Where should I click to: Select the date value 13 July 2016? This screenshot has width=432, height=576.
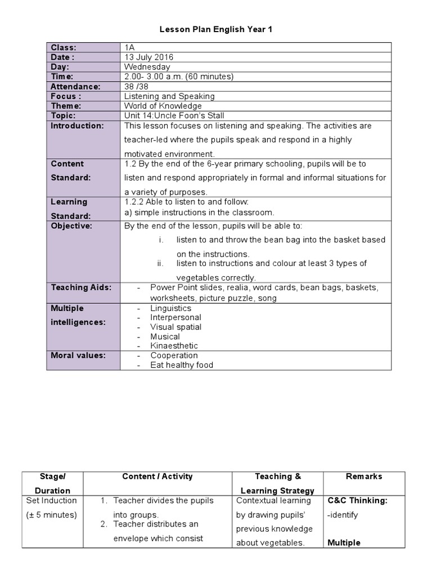[149, 57]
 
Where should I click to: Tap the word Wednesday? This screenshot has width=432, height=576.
[147, 67]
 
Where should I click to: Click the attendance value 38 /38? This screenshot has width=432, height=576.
[138, 87]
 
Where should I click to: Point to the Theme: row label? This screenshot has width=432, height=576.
[66, 106]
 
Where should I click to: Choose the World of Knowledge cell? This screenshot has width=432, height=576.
[163, 106]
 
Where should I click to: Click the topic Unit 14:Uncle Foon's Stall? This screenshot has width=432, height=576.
[168, 115]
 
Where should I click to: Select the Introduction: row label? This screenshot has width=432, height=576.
[77, 125]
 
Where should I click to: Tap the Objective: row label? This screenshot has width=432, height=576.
[71, 226]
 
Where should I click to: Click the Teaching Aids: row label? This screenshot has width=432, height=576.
[81, 287]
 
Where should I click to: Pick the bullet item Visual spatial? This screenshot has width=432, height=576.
[175, 327]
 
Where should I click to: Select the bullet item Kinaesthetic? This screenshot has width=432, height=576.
[174, 346]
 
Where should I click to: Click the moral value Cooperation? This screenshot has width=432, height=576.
[174, 355]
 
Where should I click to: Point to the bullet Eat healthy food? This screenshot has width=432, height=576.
[182, 365]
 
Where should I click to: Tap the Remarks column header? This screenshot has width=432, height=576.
[364, 476]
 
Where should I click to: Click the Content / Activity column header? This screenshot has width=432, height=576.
[157, 476]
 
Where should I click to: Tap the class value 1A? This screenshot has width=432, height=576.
[130, 48]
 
